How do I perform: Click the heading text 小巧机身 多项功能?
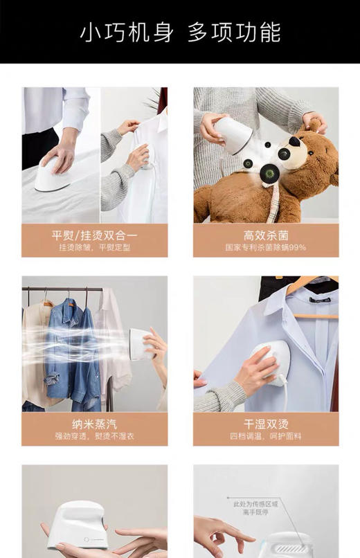point(180,32)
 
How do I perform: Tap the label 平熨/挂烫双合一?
point(94,235)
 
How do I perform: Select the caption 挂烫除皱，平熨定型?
point(94,247)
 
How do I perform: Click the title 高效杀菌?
point(266,235)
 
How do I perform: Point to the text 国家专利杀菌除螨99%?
point(266,247)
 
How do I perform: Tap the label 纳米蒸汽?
point(94,424)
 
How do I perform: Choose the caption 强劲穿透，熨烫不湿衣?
point(94,436)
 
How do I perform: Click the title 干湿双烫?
point(266,424)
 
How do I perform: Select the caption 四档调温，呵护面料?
point(266,436)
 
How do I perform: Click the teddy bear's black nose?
point(295,142)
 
